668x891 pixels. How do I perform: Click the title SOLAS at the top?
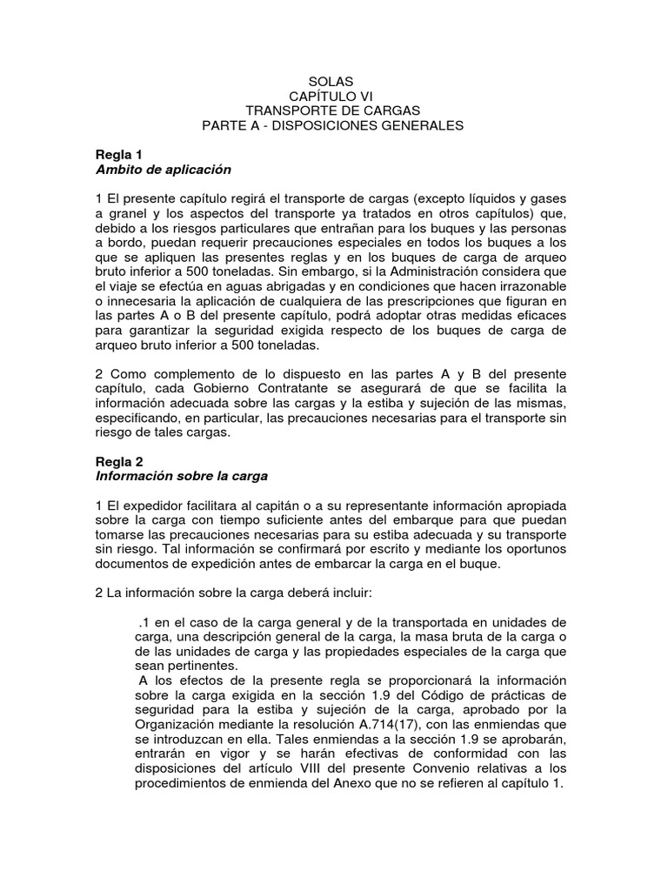(x=333, y=80)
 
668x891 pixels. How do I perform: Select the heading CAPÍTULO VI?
(x=333, y=95)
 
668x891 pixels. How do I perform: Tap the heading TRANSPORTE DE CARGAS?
(x=333, y=111)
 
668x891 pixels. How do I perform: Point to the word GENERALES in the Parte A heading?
(x=417, y=125)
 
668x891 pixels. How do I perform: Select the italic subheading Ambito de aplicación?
(x=163, y=170)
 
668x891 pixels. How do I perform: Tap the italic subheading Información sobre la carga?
(x=181, y=476)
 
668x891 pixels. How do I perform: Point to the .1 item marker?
(x=144, y=624)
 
